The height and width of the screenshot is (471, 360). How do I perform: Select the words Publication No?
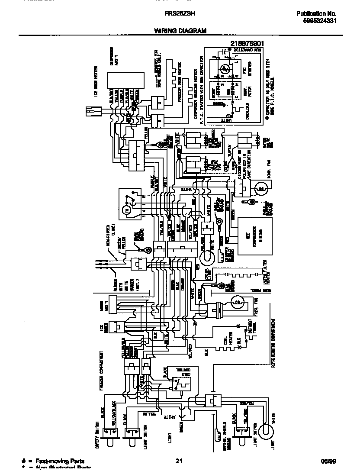316,14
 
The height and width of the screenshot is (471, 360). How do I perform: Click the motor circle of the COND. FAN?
260,187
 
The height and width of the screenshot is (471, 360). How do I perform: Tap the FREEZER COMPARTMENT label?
101,371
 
